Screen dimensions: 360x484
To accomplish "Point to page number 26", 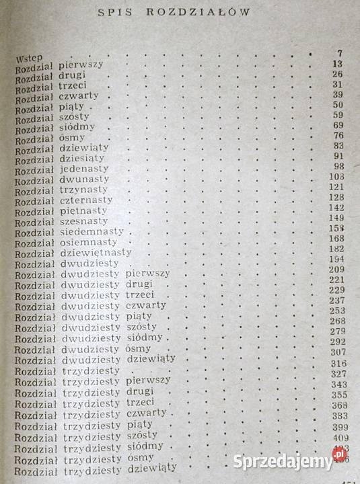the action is [x=337, y=74].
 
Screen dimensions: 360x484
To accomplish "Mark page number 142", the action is [x=337, y=208].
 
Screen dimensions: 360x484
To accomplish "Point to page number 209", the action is [x=336, y=269].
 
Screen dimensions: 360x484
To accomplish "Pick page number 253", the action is [x=336, y=311].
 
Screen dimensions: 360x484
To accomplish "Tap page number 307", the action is [x=336, y=352].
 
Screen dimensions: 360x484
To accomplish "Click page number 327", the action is [x=337, y=374].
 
